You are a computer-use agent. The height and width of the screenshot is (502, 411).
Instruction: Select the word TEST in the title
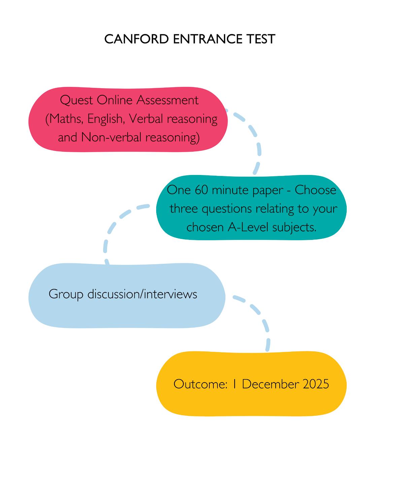pos(261,39)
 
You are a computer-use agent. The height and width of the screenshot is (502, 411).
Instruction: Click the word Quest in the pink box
pos(76,100)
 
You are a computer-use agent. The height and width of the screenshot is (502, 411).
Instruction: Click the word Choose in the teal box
pos(315,190)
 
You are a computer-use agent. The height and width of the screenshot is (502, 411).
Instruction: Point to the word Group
pos(66,294)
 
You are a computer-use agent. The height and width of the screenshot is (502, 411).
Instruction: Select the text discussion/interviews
pos(142,294)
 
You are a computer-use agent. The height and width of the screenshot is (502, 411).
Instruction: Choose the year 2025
pos(315,384)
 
